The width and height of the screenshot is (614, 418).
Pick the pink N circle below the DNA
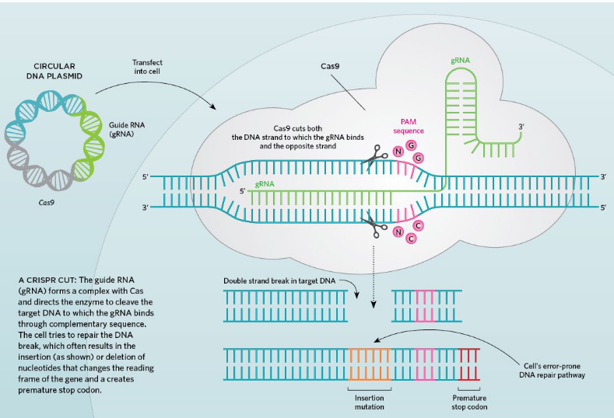[398, 232]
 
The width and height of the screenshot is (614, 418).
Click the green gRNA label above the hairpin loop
[459, 59]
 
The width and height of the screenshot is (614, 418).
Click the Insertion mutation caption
[364, 402]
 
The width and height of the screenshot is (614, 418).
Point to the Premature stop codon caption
[470, 402]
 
